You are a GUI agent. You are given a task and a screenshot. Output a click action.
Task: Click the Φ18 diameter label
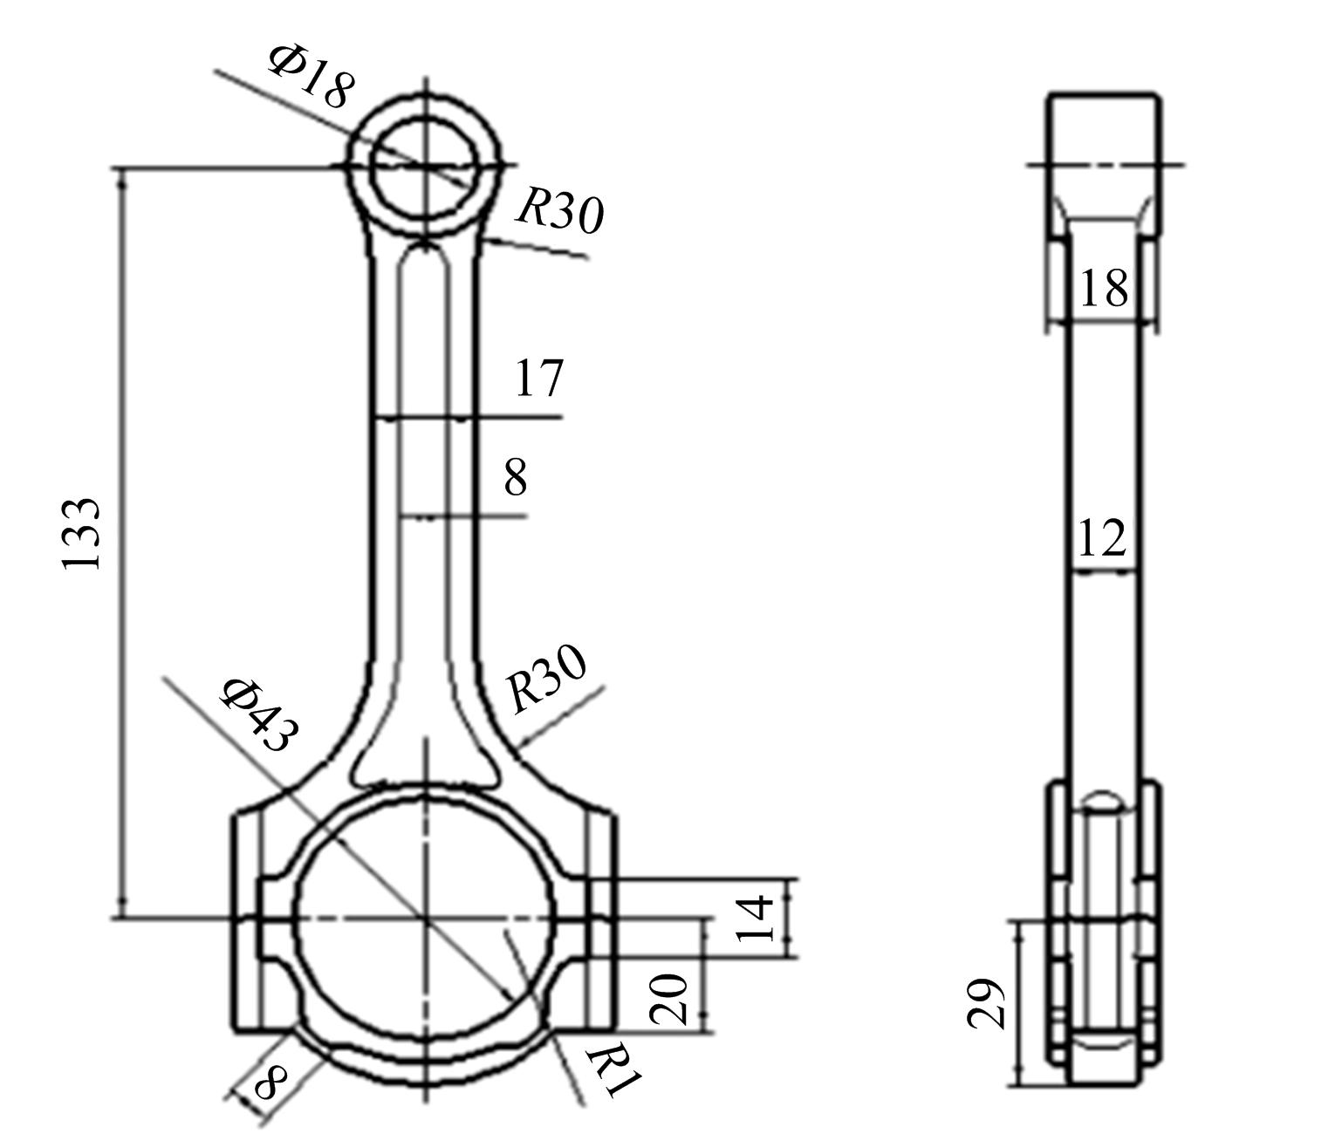[312, 77]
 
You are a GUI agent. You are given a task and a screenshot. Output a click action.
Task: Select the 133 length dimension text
[81, 534]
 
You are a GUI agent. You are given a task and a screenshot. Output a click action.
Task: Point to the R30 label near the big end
[547, 679]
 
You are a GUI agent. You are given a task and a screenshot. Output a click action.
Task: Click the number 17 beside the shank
[539, 378]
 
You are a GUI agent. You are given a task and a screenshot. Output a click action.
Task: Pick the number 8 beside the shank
[516, 477]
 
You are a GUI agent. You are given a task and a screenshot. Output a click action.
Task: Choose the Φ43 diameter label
[260, 714]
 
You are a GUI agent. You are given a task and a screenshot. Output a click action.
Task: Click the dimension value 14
[755, 918]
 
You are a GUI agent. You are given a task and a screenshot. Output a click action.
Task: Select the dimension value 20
[668, 999]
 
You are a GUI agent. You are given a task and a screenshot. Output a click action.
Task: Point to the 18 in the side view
[1104, 287]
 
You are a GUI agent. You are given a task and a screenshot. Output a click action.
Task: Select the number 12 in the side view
[1102, 537]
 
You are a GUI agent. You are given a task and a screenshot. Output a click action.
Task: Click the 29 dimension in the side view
[986, 1003]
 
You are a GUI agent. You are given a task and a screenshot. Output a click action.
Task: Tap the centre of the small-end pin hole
[425, 166]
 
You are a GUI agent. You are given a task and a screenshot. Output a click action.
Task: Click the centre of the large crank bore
[425, 918]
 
